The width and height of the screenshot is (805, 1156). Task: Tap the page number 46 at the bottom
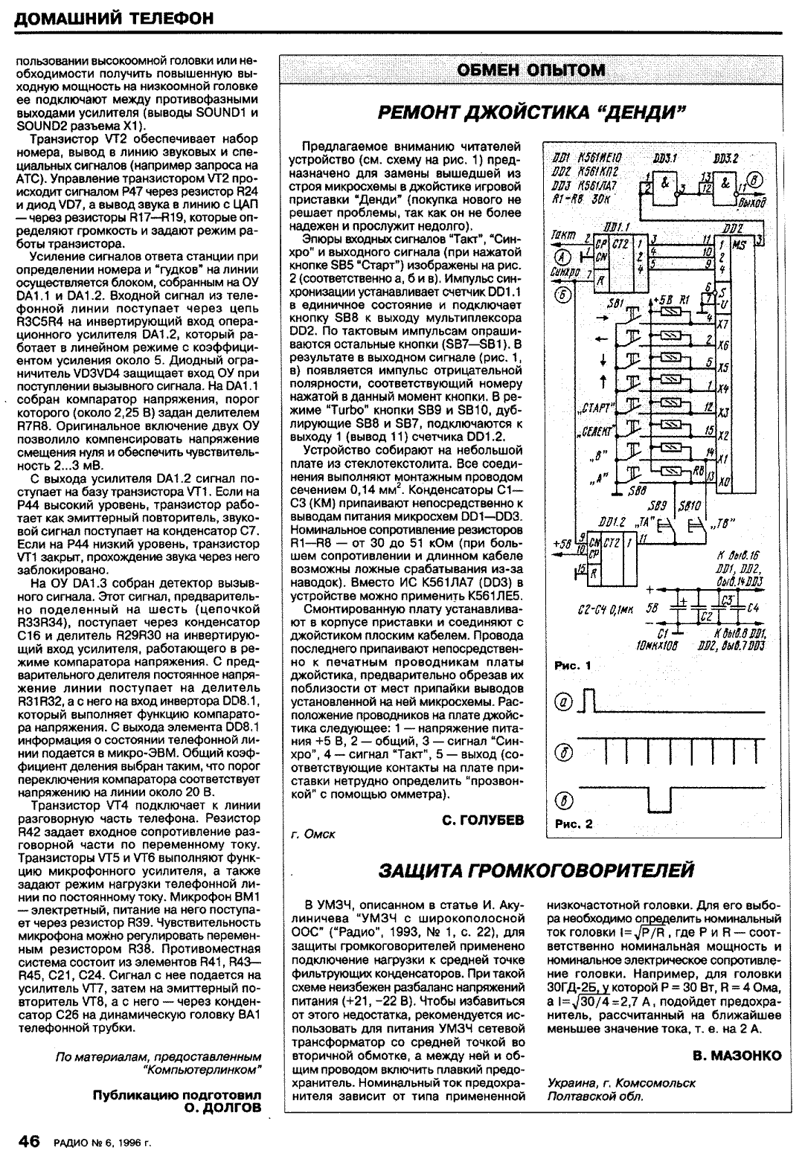point(29,1141)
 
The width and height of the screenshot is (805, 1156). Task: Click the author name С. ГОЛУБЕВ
point(482,820)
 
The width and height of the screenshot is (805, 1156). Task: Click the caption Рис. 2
point(574,823)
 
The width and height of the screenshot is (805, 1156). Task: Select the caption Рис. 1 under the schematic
point(574,666)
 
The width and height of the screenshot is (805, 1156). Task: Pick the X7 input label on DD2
point(722,324)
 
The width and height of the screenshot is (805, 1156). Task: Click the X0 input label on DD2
point(723,482)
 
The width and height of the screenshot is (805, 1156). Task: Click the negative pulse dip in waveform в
point(659,800)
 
